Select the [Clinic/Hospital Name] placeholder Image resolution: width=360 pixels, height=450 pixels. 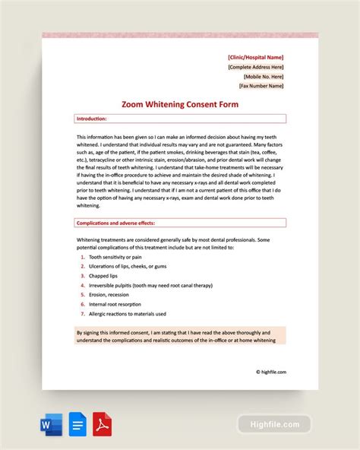256,57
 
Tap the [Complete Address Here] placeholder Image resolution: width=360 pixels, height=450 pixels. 256,67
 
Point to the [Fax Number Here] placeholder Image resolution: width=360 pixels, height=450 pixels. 260,86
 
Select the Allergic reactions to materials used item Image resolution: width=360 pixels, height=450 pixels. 128,314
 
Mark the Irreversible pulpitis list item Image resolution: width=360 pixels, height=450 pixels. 150,285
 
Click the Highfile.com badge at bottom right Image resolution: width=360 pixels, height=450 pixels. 274,424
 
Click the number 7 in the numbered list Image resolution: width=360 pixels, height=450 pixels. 82,314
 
